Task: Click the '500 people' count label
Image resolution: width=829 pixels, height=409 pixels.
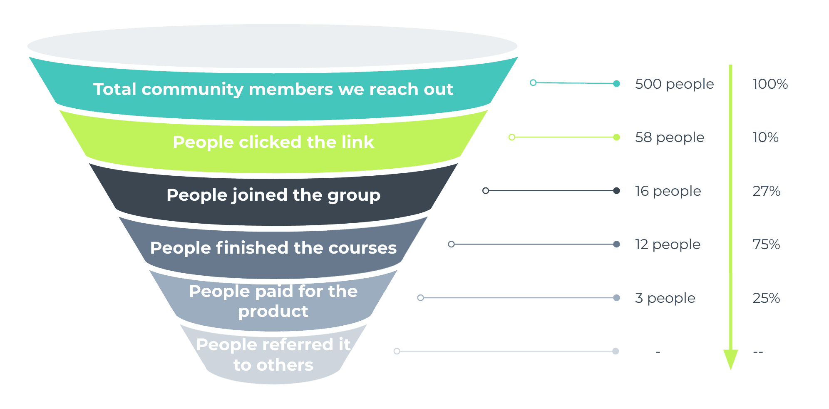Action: (674, 84)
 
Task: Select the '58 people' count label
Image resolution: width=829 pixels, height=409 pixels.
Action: (669, 137)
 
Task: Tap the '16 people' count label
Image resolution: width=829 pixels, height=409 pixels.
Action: (668, 191)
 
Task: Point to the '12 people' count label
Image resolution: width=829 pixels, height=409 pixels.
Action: (668, 244)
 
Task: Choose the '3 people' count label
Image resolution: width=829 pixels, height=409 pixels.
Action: (665, 298)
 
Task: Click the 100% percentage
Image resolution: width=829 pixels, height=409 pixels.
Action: (770, 84)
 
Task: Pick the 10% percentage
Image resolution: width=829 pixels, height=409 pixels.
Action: (765, 137)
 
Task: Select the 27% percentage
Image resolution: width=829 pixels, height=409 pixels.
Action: (766, 191)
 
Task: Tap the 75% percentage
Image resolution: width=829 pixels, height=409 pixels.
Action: (766, 244)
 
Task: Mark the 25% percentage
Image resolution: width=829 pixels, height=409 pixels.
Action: (766, 298)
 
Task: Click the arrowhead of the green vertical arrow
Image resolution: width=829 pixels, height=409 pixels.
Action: (730, 359)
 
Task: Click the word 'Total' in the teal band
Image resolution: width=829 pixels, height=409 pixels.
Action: (115, 89)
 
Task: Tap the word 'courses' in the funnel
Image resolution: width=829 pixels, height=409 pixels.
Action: (362, 248)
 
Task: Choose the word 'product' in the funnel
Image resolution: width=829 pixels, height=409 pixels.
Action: (273, 312)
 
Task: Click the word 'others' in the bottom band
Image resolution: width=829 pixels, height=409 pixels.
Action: (285, 365)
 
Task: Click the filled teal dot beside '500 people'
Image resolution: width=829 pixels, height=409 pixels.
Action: (617, 84)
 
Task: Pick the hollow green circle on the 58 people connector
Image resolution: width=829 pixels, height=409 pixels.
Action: (512, 137)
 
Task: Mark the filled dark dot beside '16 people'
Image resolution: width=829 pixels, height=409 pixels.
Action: (617, 191)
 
